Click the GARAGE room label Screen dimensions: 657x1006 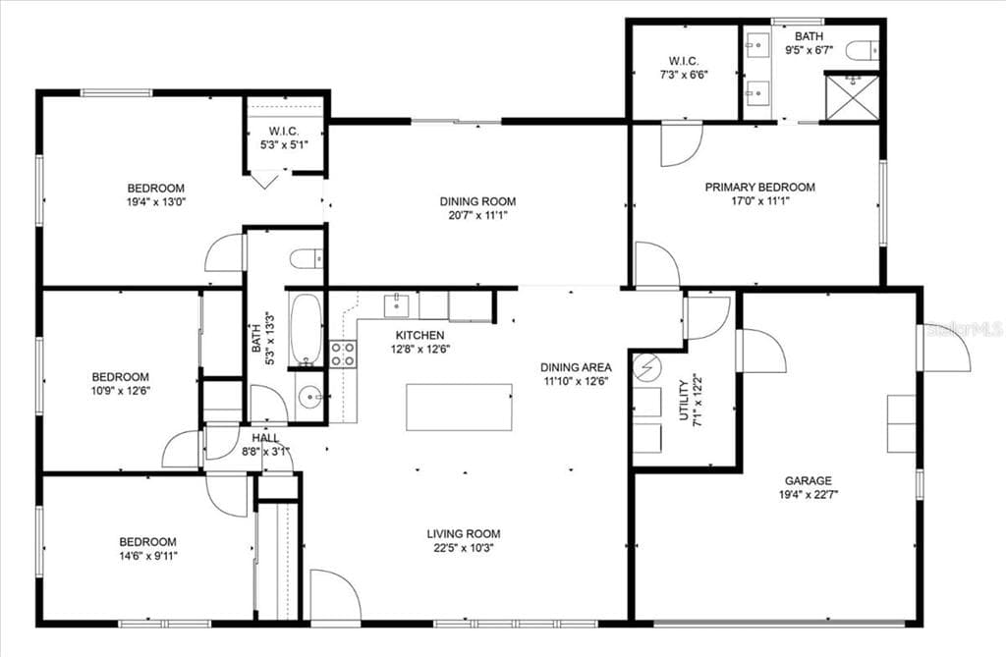(x=808, y=480)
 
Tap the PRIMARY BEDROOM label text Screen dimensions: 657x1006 (x=759, y=187)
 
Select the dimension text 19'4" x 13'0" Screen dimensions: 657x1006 (x=155, y=202)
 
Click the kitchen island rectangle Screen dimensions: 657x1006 (x=459, y=407)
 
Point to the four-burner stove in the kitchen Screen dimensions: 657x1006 (x=343, y=354)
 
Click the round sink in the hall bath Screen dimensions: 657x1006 (x=310, y=399)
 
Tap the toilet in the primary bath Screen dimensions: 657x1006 (x=861, y=50)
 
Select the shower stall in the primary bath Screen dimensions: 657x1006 (x=851, y=97)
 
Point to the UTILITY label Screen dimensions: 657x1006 (x=684, y=400)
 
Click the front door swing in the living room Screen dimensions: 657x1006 (x=334, y=594)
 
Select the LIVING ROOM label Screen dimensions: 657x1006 (x=458, y=534)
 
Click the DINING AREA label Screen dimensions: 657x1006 (x=576, y=367)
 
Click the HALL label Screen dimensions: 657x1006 (x=265, y=438)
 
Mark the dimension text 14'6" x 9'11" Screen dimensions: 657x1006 (x=147, y=555)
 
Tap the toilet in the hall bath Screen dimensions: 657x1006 (x=306, y=259)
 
